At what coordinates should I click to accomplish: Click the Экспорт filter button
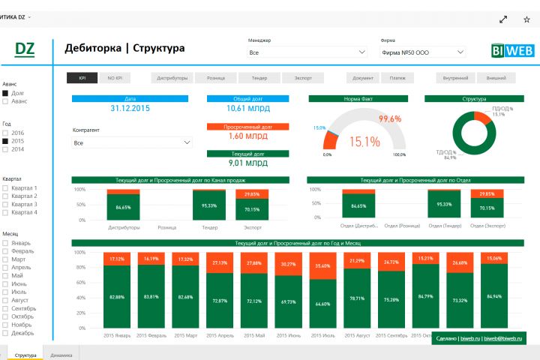coord(303,77)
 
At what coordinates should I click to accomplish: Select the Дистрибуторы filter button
coord(172,77)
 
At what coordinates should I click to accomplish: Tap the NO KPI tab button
coord(115,77)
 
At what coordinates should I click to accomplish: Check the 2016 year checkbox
coord(6,133)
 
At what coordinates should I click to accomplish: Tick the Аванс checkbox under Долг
coord(6,101)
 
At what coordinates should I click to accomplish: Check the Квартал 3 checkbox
coord(6,205)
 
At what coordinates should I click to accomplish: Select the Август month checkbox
coord(6,300)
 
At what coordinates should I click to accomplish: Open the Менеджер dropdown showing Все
coord(307,52)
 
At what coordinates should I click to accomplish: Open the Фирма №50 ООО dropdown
coord(422,52)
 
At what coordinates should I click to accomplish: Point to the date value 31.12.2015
coord(130,109)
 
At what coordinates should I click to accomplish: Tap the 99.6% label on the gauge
coord(390,118)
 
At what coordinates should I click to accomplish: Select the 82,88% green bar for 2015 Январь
coord(116,297)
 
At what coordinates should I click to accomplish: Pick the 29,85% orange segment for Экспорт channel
coord(252,194)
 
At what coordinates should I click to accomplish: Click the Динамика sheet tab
coord(61,354)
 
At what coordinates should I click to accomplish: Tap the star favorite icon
coord(526,19)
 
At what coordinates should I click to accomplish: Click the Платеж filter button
coord(397,77)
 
